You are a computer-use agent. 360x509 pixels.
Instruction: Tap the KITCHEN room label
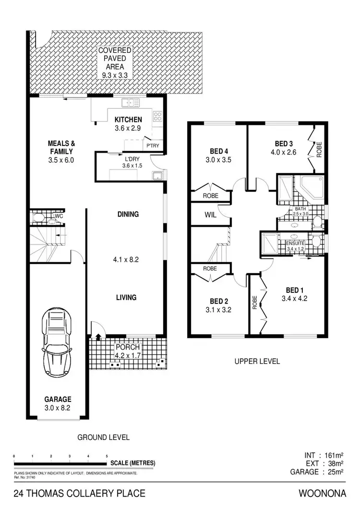pyautogui.click(x=128, y=120)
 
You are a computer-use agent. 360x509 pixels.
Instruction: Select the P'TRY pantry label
pyautogui.click(x=154, y=146)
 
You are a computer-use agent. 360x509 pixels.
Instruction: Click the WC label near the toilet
pyautogui.click(x=58, y=217)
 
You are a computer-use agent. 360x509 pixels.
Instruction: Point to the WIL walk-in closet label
pyautogui.click(x=210, y=215)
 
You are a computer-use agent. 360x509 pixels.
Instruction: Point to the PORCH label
pyautogui.click(x=128, y=347)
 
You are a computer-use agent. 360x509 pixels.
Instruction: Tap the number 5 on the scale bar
pyautogui.click(x=107, y=456)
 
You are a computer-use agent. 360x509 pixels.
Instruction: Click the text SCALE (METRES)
pyautogui.click(x=132, y=463)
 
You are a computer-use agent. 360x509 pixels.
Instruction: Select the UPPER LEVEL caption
pyautogui.click(x=257, y=361)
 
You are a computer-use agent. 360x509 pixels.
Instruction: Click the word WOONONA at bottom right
pyautogui.click(x=322, y=493)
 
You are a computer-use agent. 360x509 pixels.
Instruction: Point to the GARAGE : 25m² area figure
pyautogui.click(x=317, y=472)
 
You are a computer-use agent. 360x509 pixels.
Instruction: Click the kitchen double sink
pyautogui.click(x=130, y=102)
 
